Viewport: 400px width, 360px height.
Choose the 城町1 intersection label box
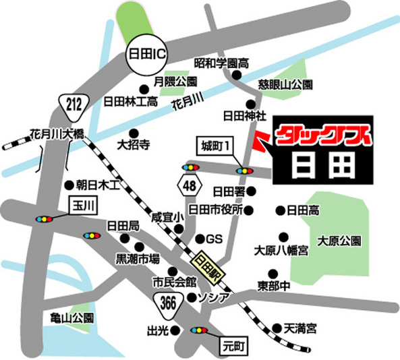pyautogui.click(x=216, y=145)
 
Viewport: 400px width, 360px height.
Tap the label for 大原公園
pyautogui.click(x=339, y=241)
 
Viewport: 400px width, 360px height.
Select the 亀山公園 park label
pyautogui.click(x=72, y=318)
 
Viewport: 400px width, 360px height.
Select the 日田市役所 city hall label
pyautogui.click(x=215, y=210)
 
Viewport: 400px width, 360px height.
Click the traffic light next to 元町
pyautogui.click(x=200, y=330)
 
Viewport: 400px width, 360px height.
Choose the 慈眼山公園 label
pyautogui.click(x=285, y=86)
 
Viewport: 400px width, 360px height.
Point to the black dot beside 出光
pyautogui.click(x=175, y=330)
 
